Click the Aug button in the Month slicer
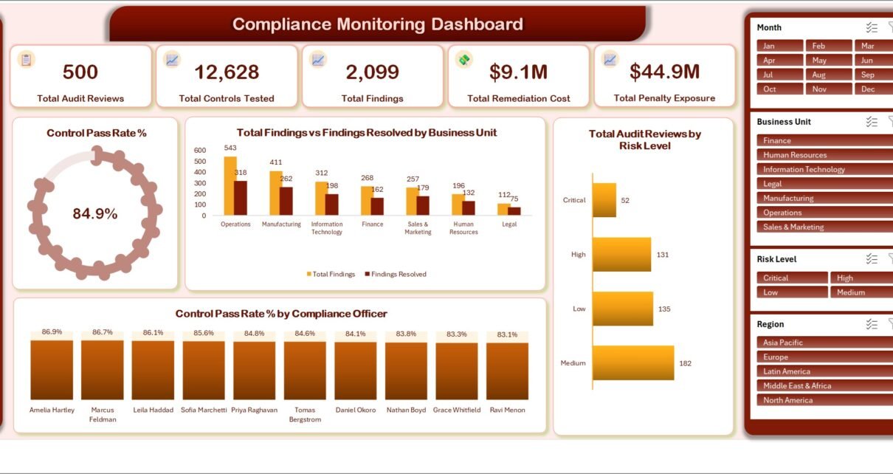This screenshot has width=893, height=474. click(x=828, y=75)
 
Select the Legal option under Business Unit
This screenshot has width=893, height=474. click(x=825, y=184)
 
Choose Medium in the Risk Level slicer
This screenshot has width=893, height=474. click(x=861, y=292)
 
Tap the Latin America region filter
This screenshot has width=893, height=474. click(x=825, y=371)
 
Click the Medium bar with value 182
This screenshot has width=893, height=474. click(x=633, y=363)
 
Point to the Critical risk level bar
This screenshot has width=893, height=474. click(x=604, y=200)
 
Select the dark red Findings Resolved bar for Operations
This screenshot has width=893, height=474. click(x=241, y=199)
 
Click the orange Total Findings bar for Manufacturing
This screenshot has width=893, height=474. click(x=275, y=193)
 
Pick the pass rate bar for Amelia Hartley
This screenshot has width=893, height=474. click(x=52, y=370)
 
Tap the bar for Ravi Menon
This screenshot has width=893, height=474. click(x=507, y=371)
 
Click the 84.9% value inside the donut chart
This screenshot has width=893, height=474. click(x=95, y=214)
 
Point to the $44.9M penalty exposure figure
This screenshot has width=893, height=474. click(x=664, y=72)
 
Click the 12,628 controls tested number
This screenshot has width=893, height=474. click(x=227, y=72)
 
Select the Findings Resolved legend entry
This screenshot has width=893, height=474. click(x=396, y=274)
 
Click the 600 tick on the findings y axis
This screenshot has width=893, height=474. click(x=200, y=151)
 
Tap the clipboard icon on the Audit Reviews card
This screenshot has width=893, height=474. click(x=27, y=60)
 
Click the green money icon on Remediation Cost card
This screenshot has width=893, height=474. click(x=464, y=60)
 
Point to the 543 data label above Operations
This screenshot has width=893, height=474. click(x=230, y=148)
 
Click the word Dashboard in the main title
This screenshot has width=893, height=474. click(x=477, y=24)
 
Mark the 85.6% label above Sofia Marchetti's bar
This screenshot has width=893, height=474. click(x=203, y=333)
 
